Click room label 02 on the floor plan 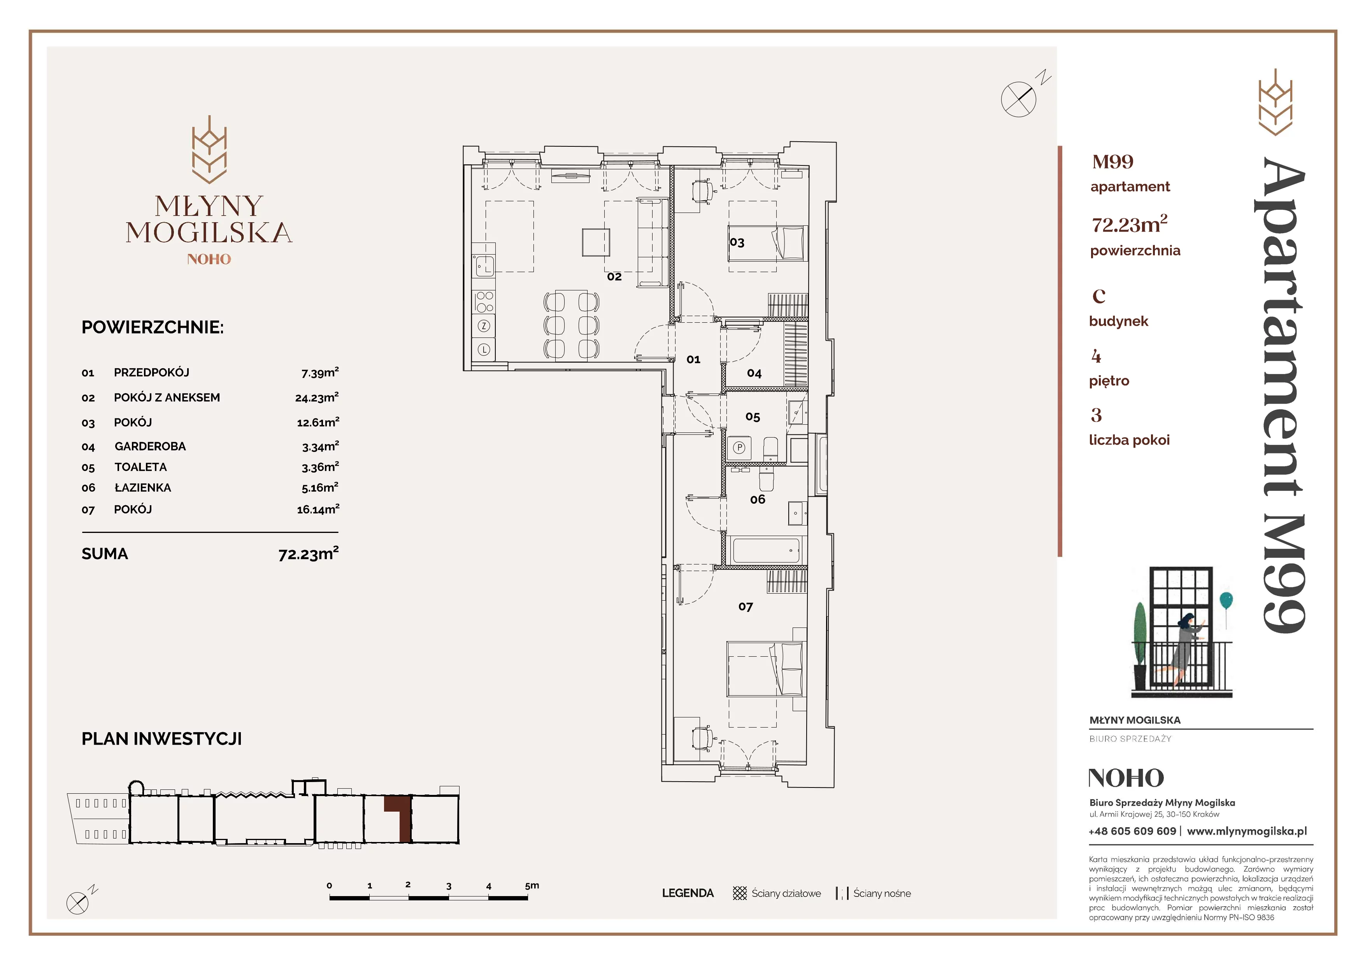(x=614, y=276)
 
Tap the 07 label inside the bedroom (x=746, y=606)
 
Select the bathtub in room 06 (x=766, y=550)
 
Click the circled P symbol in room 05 (x=739, y=447)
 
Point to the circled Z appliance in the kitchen (x=484, y=326)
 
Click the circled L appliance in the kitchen (x=484, y=350)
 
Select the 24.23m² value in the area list (x=317, y=397)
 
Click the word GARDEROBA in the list (x=151, y=446)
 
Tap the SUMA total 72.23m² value (x=309, y=554)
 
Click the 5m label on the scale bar (x=532, y=885)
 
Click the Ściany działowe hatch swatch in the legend (x=740, y=893)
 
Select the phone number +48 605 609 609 (x=1132, y=831)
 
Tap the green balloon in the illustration (x=1225, y=600)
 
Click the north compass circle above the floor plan (x=1018, y=99)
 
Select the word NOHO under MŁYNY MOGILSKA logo (x=209, y=259)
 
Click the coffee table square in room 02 (x=596, y=242)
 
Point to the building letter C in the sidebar (x=1099, y=295)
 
